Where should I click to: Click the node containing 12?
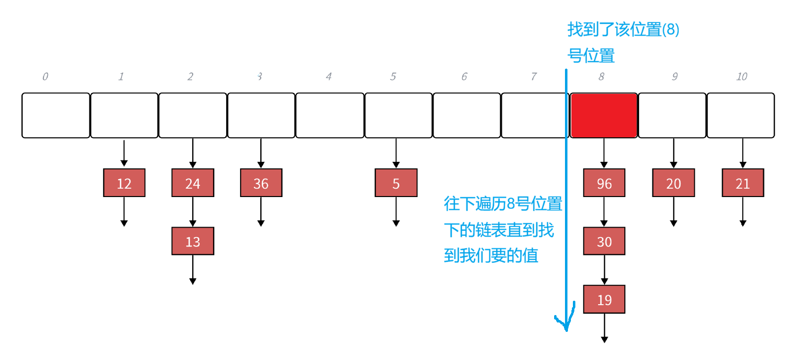124,183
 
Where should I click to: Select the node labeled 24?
193,183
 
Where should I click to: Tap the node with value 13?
193,241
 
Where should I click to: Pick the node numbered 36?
261,183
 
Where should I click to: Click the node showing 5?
396,183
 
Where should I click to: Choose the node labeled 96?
604,183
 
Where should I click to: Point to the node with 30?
604,241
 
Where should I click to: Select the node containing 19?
604,299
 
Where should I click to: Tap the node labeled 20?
673,183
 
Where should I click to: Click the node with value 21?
742,183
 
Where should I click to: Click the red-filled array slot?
604,115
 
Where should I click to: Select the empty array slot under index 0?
56,115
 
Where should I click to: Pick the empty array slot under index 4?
329,115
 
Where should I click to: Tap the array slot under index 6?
467,115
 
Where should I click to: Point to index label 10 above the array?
741,77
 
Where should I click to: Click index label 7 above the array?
533,77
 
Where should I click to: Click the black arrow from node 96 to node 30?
604,212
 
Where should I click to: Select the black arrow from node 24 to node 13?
193,212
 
